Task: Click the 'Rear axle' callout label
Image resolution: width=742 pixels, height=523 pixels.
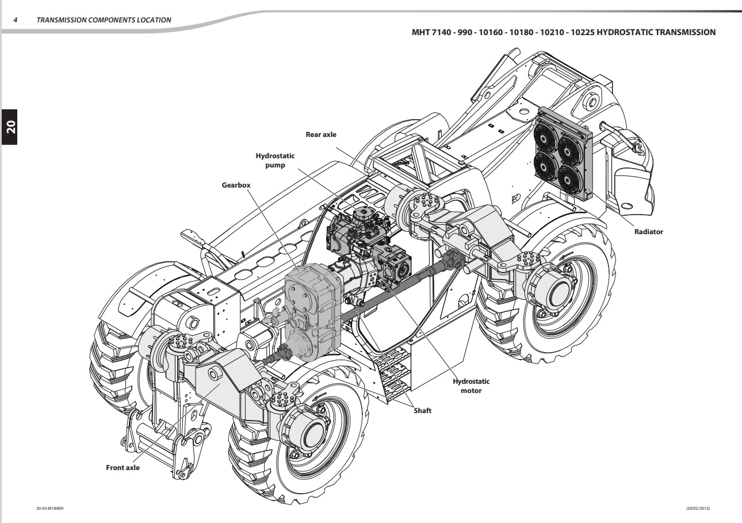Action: pyautogui.click(x=321, y=135)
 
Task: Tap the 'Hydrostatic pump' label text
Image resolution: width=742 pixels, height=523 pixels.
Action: pyautogui.click(x=275, y=161)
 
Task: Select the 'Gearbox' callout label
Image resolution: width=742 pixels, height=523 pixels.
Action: pyautogui.click(x=236, y=185)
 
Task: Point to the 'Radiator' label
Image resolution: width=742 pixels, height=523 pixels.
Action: pyautogui.click(x=648, y=232)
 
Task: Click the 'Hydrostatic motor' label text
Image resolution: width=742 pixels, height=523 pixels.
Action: pyautogui.click(x=471, y=386)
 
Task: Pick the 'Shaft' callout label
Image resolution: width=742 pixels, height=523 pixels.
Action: pyautogui.click(x=422, y=411)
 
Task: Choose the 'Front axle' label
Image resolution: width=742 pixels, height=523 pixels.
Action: pyautogui.click(x=123, y=468)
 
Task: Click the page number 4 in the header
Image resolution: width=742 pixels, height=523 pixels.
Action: pyautogui.click(x=16, y=20)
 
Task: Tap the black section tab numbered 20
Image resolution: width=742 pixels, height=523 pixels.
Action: pyautogui.click(x=10, y=127)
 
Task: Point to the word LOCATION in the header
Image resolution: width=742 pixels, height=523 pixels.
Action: pyautogui.click(x=154, y=20)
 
